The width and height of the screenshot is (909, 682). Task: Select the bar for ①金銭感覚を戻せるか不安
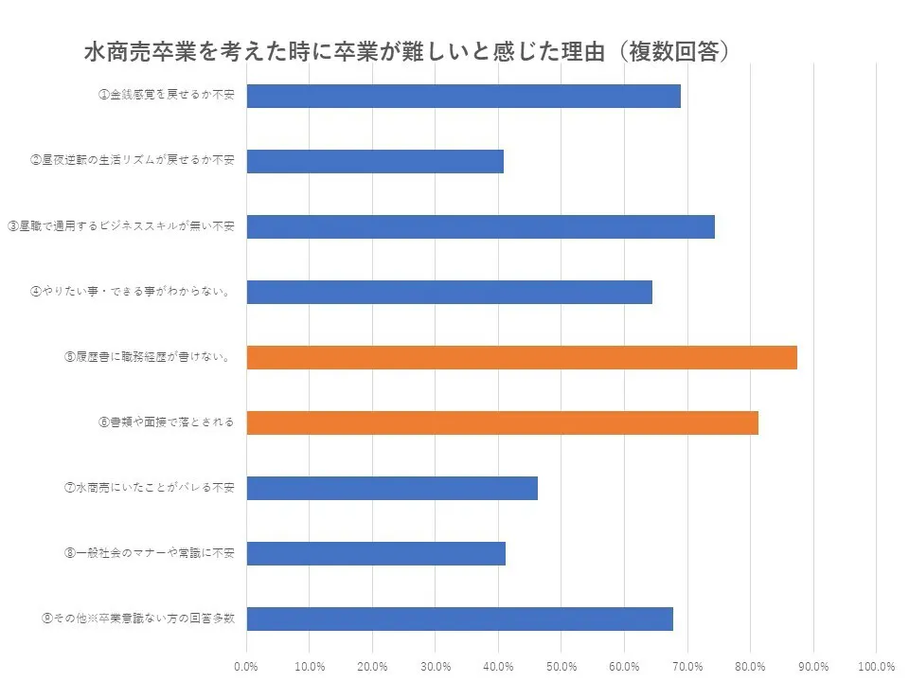[x=463, y=96]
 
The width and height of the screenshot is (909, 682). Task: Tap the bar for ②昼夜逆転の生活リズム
[x=375, y=161]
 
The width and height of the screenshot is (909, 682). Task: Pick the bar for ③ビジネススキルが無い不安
[x=480, y=227]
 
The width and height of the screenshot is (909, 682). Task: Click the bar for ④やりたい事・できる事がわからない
[x=449, y=292]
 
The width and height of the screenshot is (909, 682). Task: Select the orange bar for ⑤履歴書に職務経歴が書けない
[x=522, y=357]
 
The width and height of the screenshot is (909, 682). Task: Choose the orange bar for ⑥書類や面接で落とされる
[x=502, y=422]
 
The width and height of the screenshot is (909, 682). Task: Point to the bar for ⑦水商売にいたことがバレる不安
[x=392, y=488]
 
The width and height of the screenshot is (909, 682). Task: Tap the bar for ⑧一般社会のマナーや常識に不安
[x=376, y=553]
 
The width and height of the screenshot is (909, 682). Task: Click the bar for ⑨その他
[x=459, y=619]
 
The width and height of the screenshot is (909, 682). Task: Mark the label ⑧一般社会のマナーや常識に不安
[x=150, y=553]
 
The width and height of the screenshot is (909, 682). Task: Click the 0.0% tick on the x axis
[x=246, y=666]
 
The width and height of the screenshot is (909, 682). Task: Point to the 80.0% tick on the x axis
[x=750, y=666]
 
